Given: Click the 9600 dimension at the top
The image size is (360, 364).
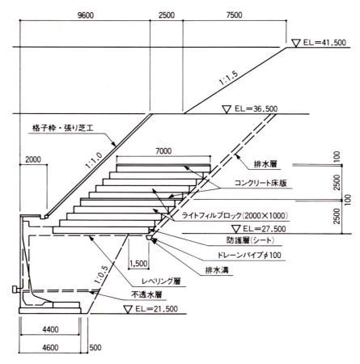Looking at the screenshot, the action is click(86, 15).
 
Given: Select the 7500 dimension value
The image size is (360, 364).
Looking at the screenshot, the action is click(235, 15).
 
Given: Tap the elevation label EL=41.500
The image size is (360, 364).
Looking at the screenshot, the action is click(324, 43).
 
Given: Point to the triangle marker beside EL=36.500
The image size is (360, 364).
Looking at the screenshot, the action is click(227, 109).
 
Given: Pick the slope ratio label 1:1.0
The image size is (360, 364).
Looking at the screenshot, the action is click(94, 160).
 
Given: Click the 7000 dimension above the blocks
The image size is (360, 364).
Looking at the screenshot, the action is click(163, 151).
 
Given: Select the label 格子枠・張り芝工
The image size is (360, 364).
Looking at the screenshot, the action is click(63, 128).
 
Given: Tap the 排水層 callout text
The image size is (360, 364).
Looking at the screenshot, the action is click(265, 164).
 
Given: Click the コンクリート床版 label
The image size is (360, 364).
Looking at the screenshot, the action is click(260, 184).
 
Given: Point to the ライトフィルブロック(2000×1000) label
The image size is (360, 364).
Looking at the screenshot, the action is click(235, 216).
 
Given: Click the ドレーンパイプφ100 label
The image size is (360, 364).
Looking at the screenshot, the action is click(250, 255).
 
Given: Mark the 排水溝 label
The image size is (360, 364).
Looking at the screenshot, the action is click(217, 270).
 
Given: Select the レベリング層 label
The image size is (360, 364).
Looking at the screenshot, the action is click(161, 281).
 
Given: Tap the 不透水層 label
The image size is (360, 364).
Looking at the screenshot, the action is click(146, 294).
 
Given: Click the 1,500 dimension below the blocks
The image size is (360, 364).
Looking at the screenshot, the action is click(138, 264).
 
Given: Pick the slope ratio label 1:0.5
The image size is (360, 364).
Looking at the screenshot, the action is click(101, 274).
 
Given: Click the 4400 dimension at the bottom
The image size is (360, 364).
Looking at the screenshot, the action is click(50, 329).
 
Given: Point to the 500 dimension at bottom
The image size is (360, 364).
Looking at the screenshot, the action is click(95, 348).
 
